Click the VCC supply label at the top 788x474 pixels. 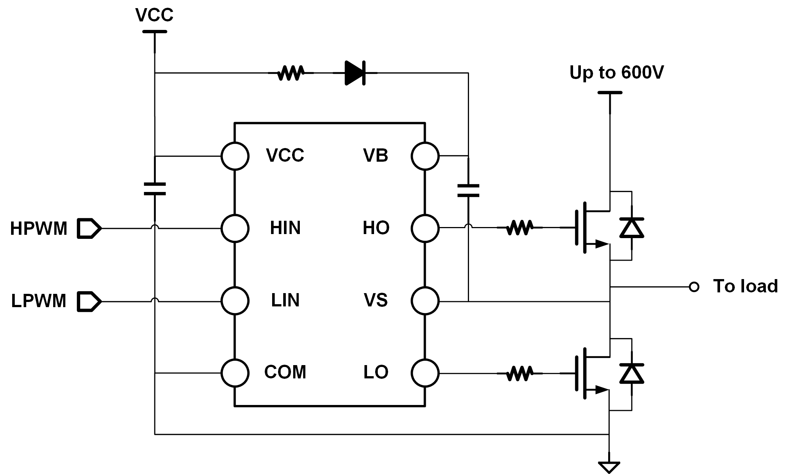point(154,15)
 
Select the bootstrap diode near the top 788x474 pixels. point(354,73)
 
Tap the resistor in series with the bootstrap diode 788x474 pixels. point(291,73)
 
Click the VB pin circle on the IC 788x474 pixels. point(425,156)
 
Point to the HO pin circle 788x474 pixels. point(425,229)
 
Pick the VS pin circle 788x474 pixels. point(425,301)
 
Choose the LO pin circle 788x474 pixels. point(425,373)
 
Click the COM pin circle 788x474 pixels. point(235,373)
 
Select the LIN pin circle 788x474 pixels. point(235,301)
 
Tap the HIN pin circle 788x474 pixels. point(235,229)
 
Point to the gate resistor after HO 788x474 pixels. point(520,228)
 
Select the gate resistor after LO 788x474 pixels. point(520,374)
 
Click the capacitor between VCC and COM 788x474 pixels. point(155,189)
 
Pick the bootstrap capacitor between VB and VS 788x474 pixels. point(468,190)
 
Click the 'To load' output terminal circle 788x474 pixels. point(694,287)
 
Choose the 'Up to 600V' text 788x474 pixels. point(616,72)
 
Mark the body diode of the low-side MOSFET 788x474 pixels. point(631,373)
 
